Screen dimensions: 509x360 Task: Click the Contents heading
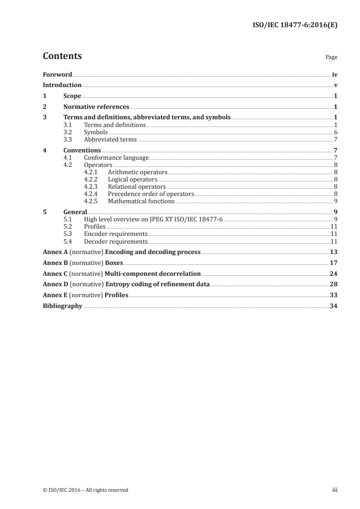pyautogui.click(x=62, y=56)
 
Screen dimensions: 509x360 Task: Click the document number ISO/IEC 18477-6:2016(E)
pyautogui.click(x=295, y=25)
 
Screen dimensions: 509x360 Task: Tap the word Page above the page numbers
pyautogui.click(x=331, y=58)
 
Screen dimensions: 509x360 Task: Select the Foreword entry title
pyautogui.click(x=57, y=74)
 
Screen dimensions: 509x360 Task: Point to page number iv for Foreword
pyautogui.click(x=335, y=74)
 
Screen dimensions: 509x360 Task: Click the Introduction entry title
pyautogui.click(x=62, y=85)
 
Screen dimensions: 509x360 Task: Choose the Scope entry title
pyautogui.click(x=72, y=96)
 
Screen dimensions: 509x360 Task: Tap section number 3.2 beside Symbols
pyautogui.click(x=68, y=132)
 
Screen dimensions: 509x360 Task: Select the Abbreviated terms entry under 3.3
pyautogui.click(x=110, y=139)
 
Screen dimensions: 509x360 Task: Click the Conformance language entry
pyautogui.click(x=116, y=158)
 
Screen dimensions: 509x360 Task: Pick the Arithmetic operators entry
pyautogui.click(x=138, y=172)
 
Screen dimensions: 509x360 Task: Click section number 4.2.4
pyautogui.click(x=91, y=194)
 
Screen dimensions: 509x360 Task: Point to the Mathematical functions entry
pyautogui.click(x=141, y=201)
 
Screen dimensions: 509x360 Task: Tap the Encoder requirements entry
pyautogui.click(x=116, y=234)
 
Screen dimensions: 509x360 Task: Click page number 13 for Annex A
pyautogui.click(x=334, y=252)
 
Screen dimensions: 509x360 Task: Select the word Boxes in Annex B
pyautogui.click(x=114, y=263)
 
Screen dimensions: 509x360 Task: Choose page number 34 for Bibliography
pyautogui.click(x=334, y=306)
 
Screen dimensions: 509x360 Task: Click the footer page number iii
pyautogui.click(x=335, y=490)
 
